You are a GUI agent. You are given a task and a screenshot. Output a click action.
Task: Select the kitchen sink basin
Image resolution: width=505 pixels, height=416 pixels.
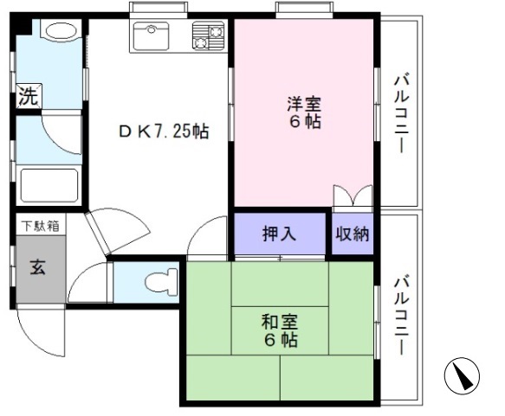(153, 35)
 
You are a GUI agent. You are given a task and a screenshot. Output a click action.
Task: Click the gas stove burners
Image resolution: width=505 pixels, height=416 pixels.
(209, 36)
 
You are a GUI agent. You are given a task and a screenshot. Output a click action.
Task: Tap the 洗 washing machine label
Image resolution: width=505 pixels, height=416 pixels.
(29, 97)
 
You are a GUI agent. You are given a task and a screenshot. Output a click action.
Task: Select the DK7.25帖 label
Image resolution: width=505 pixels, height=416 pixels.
(164, 131)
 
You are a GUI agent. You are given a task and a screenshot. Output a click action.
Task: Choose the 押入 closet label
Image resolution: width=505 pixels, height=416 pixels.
(279, 234)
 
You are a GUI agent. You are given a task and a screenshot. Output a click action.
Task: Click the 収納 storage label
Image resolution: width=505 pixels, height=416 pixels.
(353, 234)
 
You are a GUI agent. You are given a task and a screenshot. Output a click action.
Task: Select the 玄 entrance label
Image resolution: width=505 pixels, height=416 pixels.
(39, 266)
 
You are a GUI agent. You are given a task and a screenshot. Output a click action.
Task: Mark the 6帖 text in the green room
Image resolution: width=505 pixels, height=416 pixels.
(282, 341)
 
